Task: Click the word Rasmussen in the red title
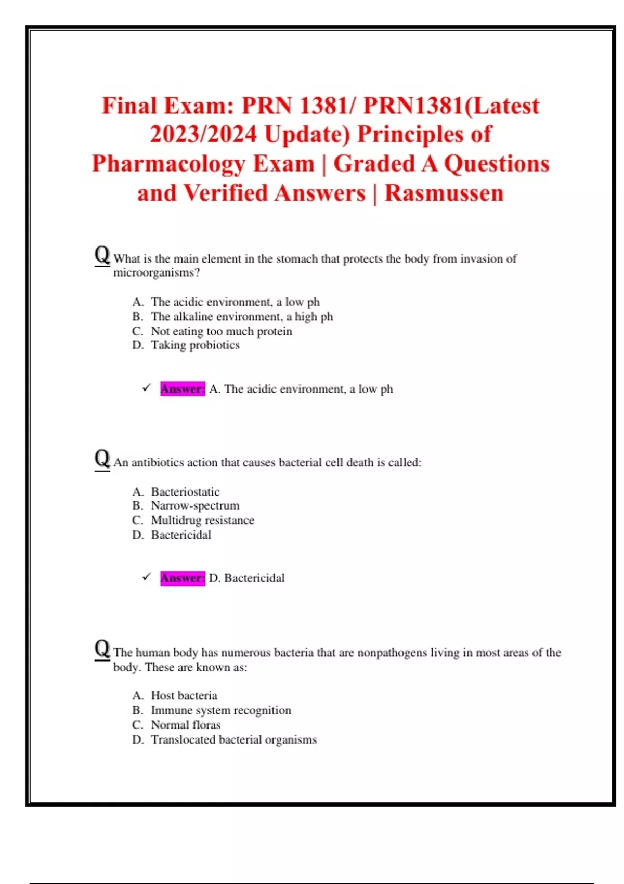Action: [x=444, y=193]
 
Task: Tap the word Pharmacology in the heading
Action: [x=203, y=164]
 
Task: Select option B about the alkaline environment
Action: [x=241, y=317]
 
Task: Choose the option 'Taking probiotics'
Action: [x=195, y=345]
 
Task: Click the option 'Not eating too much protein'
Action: [x=221, y=331]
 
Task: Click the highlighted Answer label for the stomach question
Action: [x=183, y=389]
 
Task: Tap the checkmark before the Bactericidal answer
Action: [x=147, y=577]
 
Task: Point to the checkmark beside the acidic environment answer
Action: [x=147, y=388]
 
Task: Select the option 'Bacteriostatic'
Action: [x=185, y=492]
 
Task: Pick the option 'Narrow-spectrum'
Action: [x=195, y=505]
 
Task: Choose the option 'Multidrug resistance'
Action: [x=202, y=520]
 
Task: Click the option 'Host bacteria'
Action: [x=184, y=696]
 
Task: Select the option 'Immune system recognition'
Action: [x=220, y=710]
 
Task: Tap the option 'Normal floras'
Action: [x=185, y=725]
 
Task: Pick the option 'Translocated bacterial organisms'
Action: [x=233, y=739]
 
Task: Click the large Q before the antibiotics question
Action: [x=102, y=459]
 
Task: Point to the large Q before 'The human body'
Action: [x=102, y=649]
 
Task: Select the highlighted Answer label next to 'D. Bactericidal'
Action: [x=183, y=578]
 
